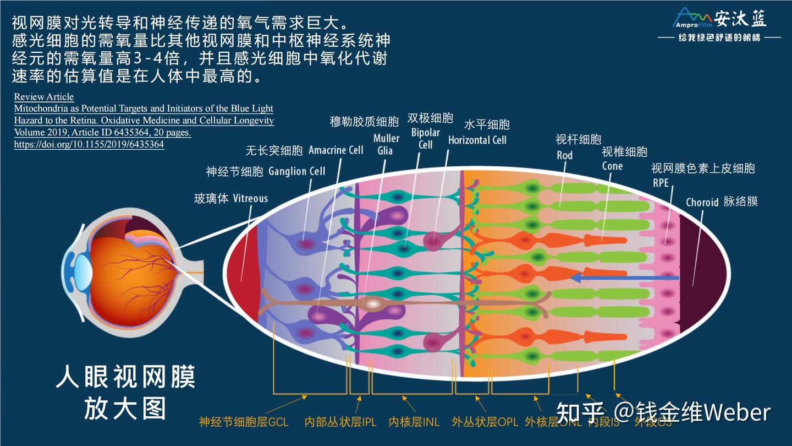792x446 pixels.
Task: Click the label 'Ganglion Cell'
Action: pyautogui.click(x=297, y=171)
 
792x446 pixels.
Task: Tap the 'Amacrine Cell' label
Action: pyautogui.click(x=336, y=150)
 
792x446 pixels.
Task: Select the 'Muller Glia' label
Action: pyautogui.click(x=386, y=144)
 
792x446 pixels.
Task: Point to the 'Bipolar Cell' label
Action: pyautogui.click(x=425, y=139)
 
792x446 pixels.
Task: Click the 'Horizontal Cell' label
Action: pyautogui.click(x=477, y=140)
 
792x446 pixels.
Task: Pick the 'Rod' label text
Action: pyautogui.click(x=564, y=155)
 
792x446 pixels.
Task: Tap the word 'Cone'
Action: pyautogui.click(x=612, y=166)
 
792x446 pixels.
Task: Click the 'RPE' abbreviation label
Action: pyautogui.click(x=661, y=182)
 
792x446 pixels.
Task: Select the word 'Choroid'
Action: pyautogui.click(x=702, y=202)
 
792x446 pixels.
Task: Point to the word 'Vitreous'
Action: pyautogui.click(x=250, y=198)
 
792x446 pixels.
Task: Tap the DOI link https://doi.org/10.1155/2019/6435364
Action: pyautogui.click(x=89, y=145)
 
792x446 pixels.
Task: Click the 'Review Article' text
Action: pyautogui.click(x=44, y=97)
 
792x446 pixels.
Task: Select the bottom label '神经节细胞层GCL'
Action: pyautogui.click(x=243, y=422)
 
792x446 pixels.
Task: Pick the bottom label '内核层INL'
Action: pyautogui.click(x=414, y=422)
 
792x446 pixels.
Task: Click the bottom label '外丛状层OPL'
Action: pyautogui.click(x=485, y=422)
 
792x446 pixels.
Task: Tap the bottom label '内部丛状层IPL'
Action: pyautogui.click(x=340, y=422)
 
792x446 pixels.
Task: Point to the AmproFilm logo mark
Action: pyautogui.click(x=692, y=18)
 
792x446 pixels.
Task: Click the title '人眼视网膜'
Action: pyautogui.click(x=125, y=378)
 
